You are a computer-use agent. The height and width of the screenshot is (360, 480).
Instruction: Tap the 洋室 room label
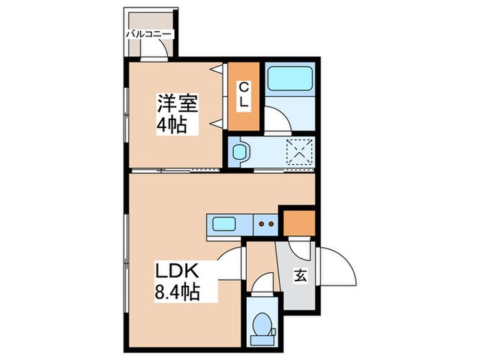pos(177,106)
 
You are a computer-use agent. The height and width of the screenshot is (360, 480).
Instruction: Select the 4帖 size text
pos(172,127)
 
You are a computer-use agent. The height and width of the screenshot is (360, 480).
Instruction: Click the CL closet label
pos(244,96)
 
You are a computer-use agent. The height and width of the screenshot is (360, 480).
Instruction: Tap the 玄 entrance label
pos(300,276)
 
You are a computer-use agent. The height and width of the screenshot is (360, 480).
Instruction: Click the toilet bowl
pos(261,322)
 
